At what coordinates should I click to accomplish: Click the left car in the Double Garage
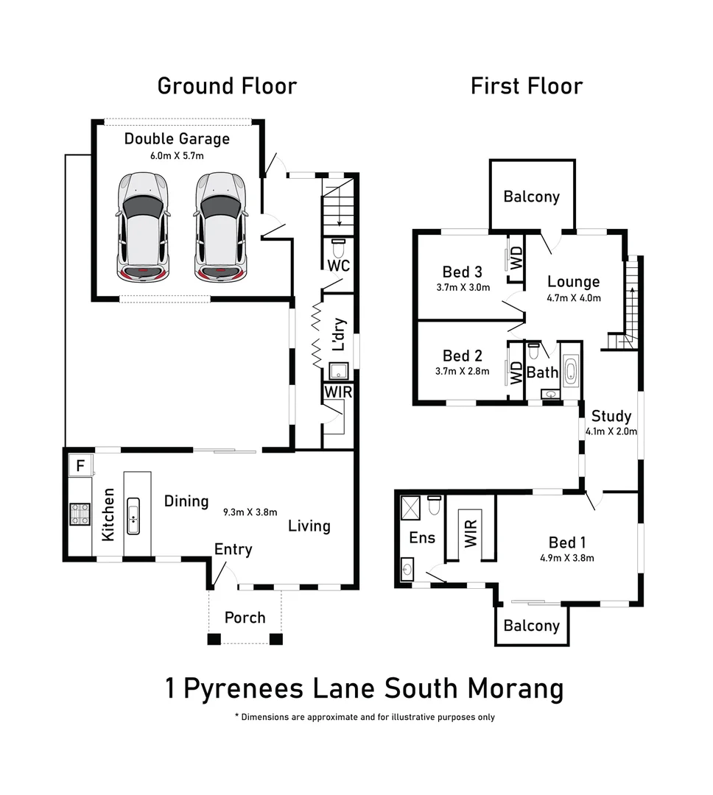pyautogui.click(x=143, y=227)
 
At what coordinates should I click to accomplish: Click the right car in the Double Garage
pyautogui.click(x=220, y=227)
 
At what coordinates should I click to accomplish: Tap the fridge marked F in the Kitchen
pyautogui.click(x=79, y=466)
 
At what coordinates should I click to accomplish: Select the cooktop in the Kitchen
pyautogui.click(x=80, y=513)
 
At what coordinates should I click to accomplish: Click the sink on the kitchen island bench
pyautogui.click(x=134, y=515)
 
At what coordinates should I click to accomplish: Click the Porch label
pyautogui.click(x=245, y=617)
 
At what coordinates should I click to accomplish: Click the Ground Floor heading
pyautogui.click(x=227, y=85)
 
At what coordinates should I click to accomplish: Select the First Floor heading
pyautogui.click(x=527, y=85)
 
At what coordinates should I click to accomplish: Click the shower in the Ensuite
pyautogui.click(x=409, y=506)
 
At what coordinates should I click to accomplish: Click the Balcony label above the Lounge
pyautogui.click(x=531, y=197)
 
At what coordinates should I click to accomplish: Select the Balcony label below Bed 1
pyautogui.click(x=531, y=626)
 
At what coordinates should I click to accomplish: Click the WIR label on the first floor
pyautogui.click(x=470, y=531)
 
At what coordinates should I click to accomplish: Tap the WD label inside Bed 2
pyautogui.click(x=516, y=371)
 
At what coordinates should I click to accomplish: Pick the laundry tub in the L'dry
pyautogui.click(x=339, y=371)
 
